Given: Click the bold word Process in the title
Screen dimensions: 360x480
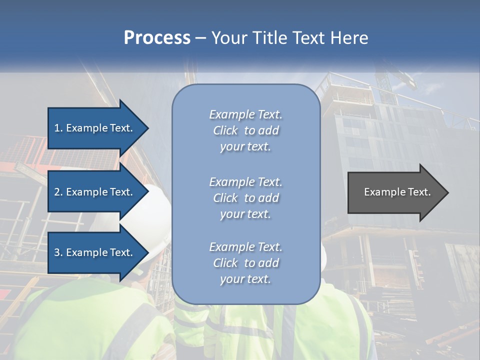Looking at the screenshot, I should point(157,38).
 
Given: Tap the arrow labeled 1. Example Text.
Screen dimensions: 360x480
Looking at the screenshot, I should point(95,128).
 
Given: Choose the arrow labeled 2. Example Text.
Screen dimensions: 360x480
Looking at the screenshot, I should point(95,192).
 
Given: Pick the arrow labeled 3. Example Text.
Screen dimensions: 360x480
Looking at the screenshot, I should point(95,252).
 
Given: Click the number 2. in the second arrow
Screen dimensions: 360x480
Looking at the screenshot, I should point(58,192).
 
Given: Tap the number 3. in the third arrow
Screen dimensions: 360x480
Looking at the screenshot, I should point(58,252).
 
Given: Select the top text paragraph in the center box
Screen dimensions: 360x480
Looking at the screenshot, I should point(245,130).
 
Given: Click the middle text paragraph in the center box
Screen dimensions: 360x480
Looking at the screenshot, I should point(245,198).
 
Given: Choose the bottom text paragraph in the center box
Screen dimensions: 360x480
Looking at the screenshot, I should point(245,263).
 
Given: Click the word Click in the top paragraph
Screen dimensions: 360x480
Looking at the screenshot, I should point(225,130).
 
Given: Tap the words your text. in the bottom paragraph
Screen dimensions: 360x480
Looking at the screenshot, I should point(245,279).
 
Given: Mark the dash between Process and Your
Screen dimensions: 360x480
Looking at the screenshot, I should point(201,38).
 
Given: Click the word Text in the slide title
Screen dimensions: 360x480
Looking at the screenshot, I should point(305,38).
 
